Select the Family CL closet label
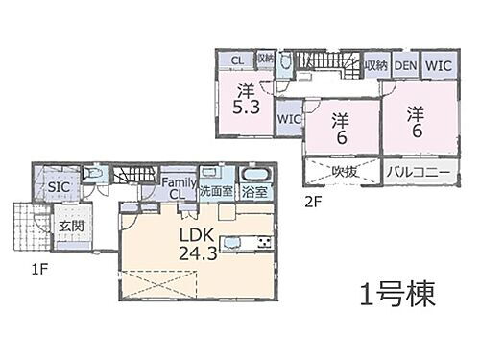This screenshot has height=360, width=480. [x=178, y=188]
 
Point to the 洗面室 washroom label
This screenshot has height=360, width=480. [x=214, y=192]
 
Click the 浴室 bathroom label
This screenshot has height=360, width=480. [x=254, y=192]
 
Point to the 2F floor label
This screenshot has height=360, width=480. [x=313, y=202]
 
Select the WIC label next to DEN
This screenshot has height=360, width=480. [x=438, y=64]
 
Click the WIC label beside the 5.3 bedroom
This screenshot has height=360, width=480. [x=289, y=119]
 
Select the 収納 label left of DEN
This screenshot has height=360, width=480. [x=375, y=64]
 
